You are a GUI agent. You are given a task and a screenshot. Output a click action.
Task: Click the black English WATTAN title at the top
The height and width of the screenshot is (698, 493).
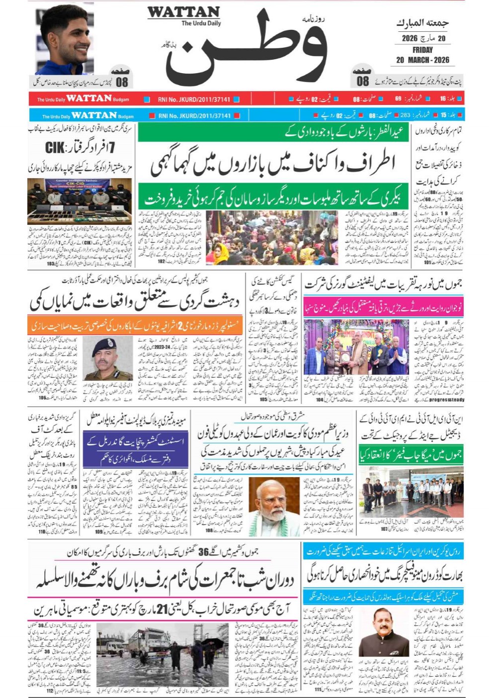point(183,12)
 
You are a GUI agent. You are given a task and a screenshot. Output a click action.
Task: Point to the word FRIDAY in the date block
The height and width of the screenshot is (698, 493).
point(422,50)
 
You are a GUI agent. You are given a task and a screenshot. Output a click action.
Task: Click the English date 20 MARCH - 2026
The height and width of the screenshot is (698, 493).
point(422,60)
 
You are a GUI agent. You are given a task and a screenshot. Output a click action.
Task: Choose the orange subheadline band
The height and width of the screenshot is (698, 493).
point(136,325)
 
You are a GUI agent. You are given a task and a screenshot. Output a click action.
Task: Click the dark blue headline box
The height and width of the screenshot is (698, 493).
point(135,450)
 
